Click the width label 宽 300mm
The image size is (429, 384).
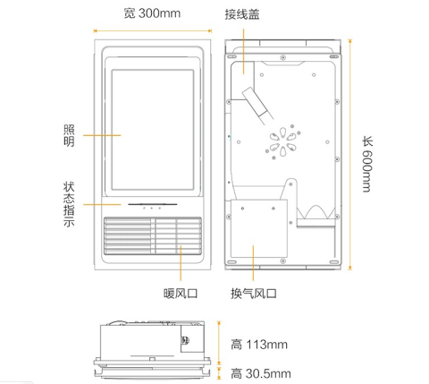152,13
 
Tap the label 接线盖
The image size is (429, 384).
242,14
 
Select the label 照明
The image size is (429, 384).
69,136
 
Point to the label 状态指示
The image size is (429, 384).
69,204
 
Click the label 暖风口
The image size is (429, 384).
181,294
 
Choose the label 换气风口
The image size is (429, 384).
254,294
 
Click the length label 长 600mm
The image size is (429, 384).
367,164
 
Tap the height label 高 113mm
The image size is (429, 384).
259,345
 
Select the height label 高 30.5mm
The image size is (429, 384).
261,373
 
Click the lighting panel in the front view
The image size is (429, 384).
153,130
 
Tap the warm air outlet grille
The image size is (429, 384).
153,236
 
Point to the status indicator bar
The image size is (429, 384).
153,204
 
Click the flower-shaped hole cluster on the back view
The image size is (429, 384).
282,141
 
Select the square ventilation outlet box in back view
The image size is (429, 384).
259,228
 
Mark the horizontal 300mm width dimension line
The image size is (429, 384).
153,30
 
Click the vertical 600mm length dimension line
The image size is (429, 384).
350,155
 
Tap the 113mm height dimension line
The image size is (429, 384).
219,343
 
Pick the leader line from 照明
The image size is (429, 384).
102,135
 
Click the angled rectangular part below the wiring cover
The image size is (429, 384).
255,103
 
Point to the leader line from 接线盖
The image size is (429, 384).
243,51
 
